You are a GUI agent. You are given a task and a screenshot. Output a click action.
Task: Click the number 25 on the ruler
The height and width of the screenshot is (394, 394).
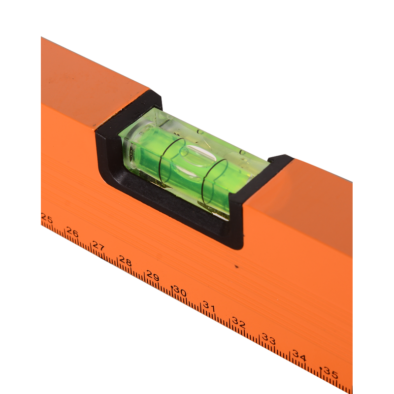click(x=47, y=219)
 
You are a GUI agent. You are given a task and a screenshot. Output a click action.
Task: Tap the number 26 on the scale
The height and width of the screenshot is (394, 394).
click(x=72, y=232)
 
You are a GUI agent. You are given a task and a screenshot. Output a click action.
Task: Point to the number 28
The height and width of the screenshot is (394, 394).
click(x=125, y=261)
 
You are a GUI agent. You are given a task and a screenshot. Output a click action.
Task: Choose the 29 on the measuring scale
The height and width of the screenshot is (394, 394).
click(x=153, y=276)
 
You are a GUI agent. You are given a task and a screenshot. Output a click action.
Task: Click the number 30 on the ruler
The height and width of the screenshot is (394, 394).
click(x=180, y=291)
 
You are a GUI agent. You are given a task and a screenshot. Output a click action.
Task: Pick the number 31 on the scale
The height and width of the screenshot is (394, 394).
click(x=209, y=306)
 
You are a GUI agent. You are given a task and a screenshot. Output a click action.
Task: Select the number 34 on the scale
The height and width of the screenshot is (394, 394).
click(x=299, y=355)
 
